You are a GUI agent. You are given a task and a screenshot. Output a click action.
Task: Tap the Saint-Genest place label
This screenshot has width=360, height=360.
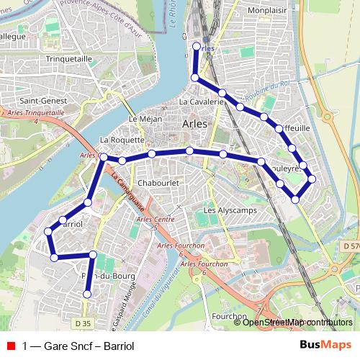pyautogui.click(x=43, y=101)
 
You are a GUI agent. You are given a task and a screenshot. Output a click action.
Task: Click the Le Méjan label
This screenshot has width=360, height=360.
pyautogui.click(x=142, y=119)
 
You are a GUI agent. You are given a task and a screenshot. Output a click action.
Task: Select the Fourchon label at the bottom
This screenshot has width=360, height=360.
pyautogui.click(x=229, y=315)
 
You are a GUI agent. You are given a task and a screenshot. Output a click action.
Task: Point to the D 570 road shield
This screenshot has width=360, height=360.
pyautogui.click(x=351, y=246)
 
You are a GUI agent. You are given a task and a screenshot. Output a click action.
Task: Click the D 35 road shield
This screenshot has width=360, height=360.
pyautogui.click(x=83, y=323)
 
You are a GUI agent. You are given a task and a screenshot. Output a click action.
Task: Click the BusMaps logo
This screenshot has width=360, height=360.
pyautogui.click(x=325, y=345)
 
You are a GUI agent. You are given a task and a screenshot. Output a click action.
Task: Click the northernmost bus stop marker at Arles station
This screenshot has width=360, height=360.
pyautogui.click(x=197, y=47)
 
